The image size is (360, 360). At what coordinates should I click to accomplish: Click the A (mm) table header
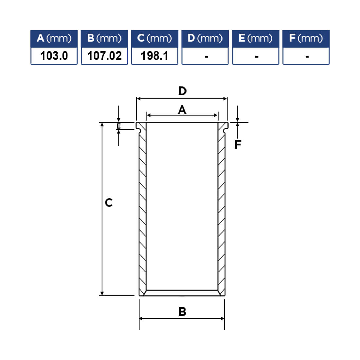pos(54,39)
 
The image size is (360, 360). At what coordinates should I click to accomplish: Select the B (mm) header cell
pos(104,39)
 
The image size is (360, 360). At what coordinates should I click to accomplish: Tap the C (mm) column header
pos(154,39)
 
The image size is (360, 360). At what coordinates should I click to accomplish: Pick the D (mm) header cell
pos(205,39)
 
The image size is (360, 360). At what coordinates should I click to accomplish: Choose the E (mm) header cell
pos(256,39)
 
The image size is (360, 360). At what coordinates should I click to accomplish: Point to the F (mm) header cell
pos(306,39)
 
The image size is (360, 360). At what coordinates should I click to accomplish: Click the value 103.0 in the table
pos(54,56)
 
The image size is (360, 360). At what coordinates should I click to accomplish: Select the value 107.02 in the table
pos(104,56)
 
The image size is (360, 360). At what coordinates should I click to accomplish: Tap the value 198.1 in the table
pos(154,56)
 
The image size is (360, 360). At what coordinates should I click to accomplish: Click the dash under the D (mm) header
pos(207,57)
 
